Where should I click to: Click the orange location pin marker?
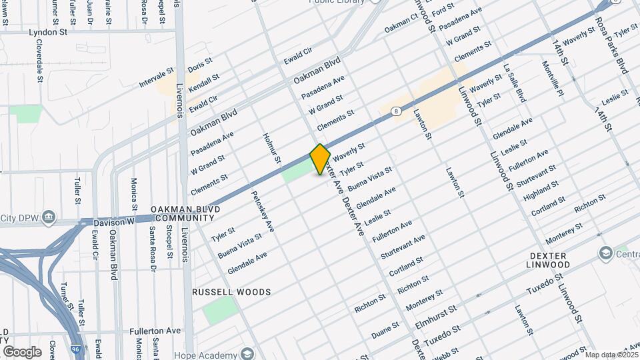click(x=321, y=159)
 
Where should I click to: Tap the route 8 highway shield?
click(x=397, y=111)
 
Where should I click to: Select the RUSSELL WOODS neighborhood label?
click(x=231, y=292)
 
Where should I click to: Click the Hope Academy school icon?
click(x=248, y=353)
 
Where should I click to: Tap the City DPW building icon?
click(x=49, y=217)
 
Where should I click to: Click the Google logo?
click(x=22, y=351)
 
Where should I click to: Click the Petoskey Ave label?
click(x=262, y=212)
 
